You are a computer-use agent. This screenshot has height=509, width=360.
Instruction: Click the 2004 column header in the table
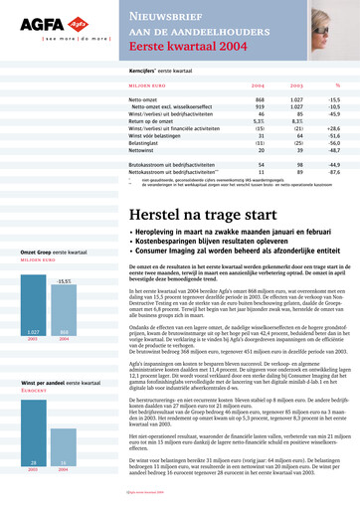pos(258,86)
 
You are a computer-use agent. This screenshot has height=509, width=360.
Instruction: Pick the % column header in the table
pos(337,86)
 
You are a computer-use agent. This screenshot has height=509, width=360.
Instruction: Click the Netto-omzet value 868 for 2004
pos(260,100)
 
